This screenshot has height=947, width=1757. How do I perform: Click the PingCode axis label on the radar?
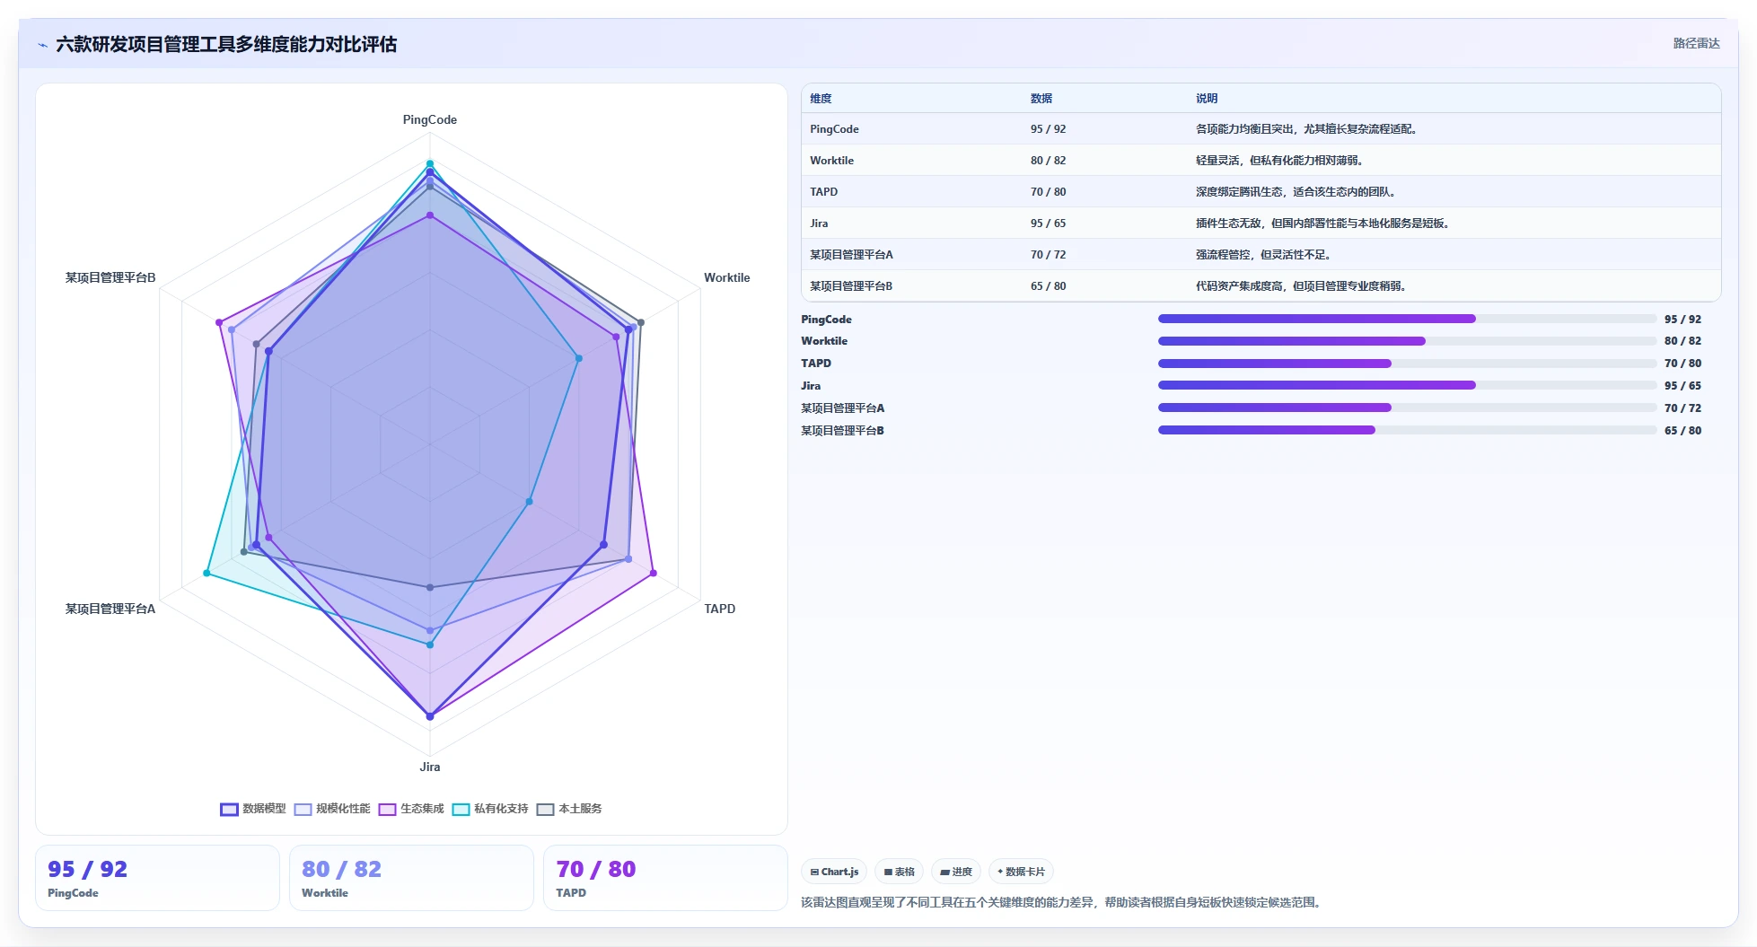coord(429,119)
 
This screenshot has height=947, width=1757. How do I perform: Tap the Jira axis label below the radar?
coord(429,767)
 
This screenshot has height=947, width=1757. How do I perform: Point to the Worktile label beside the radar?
coord(726,277)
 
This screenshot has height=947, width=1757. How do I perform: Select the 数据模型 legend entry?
coord(253,809)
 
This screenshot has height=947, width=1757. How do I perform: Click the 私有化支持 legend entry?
coord(490,809)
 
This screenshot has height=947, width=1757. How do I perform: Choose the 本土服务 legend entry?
coord(569,809)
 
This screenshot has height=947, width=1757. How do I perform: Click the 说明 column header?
coord(1207,99)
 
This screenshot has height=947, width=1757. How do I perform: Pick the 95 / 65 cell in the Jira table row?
coord(1048,224)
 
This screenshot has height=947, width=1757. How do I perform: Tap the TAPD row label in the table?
coord(823,192)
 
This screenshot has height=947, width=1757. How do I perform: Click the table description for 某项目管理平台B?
coord(1301,286)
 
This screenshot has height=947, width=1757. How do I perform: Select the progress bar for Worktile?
coord(1407,341)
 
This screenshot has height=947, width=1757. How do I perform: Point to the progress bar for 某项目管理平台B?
coord(1407,430)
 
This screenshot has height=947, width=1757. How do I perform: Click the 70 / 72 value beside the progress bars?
coord(1682,408)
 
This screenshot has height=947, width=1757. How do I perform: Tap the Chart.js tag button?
coord(834,872)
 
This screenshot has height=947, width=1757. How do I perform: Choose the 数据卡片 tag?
coord(1021,872)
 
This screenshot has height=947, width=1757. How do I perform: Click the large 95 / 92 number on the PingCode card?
coord(87,869)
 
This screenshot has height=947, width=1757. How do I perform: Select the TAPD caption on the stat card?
coord(571,893)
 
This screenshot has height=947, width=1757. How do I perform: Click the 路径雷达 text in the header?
coord(1696,43)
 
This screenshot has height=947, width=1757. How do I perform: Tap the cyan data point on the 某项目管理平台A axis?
coord(207,573)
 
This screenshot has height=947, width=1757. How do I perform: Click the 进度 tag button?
coord(956,872)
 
